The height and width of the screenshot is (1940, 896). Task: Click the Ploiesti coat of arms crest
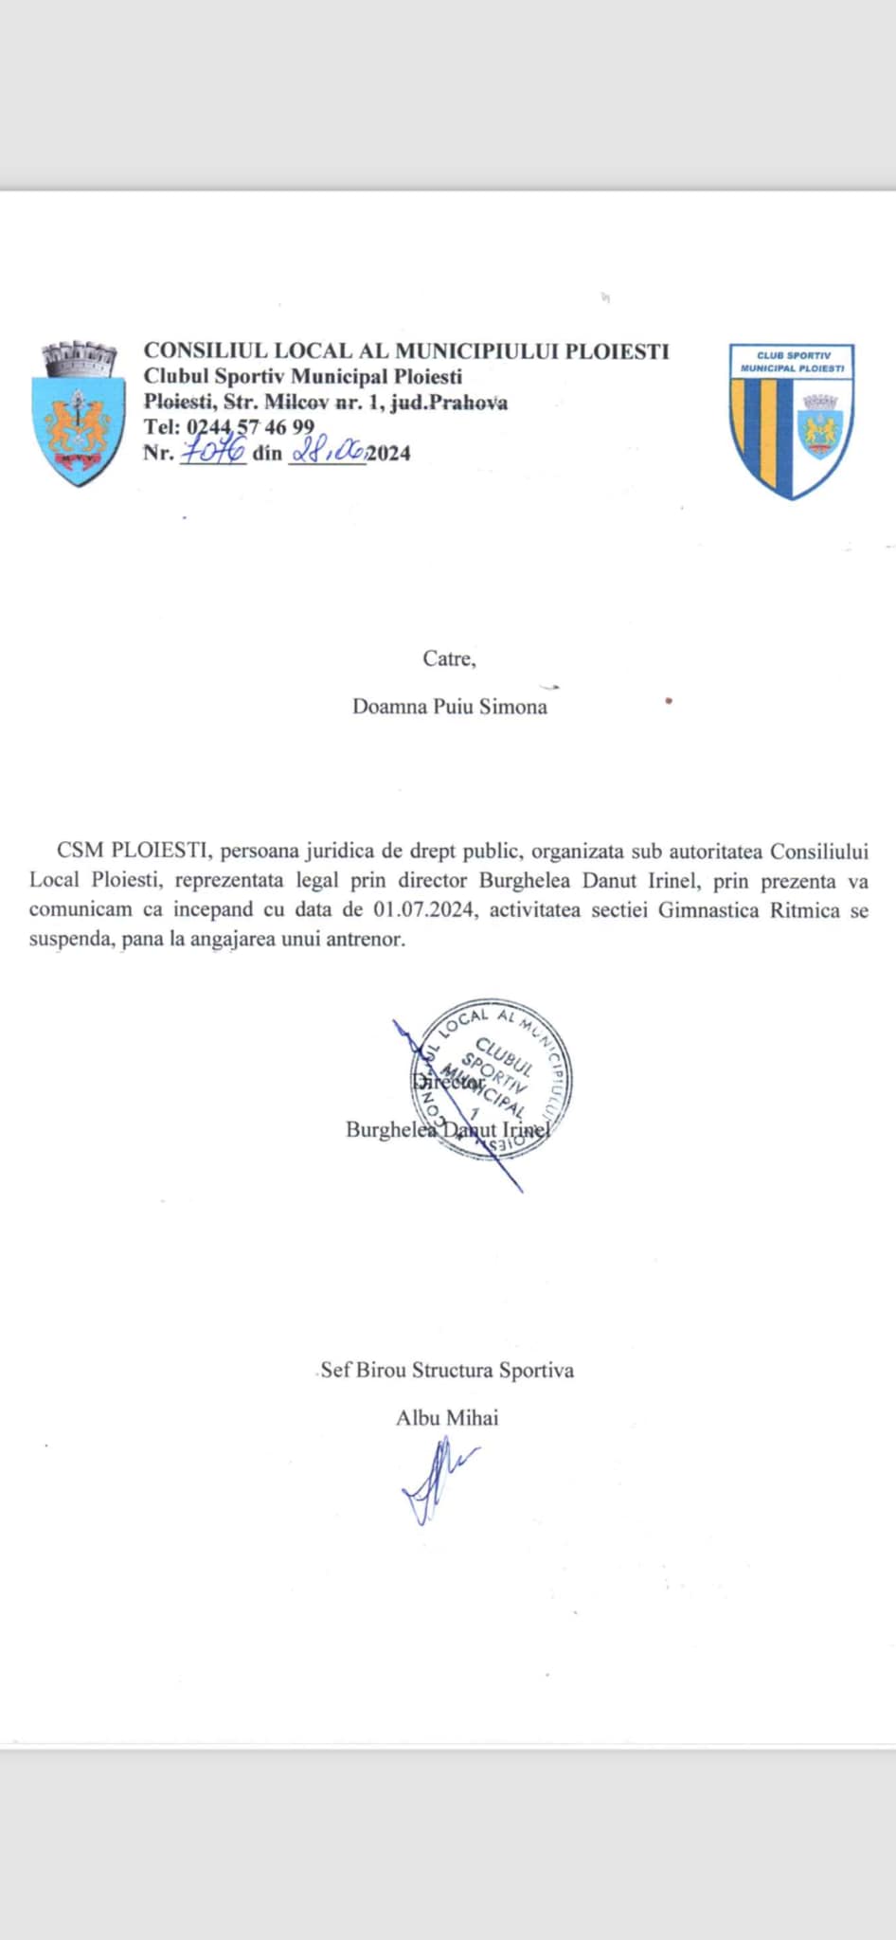click(x=79, y=415)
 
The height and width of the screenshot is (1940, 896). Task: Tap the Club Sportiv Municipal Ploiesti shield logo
click(x=792, y=421)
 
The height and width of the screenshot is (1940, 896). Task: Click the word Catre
click(x=449, y=658)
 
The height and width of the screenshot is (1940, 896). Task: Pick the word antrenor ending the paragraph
click(x=363, y=941)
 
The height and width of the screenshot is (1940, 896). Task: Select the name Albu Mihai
click(x=447, y=1418)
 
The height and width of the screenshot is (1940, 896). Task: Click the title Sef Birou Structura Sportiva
click(x=447, y=1370)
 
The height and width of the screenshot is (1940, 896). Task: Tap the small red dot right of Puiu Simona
click(x=669, y=702)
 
